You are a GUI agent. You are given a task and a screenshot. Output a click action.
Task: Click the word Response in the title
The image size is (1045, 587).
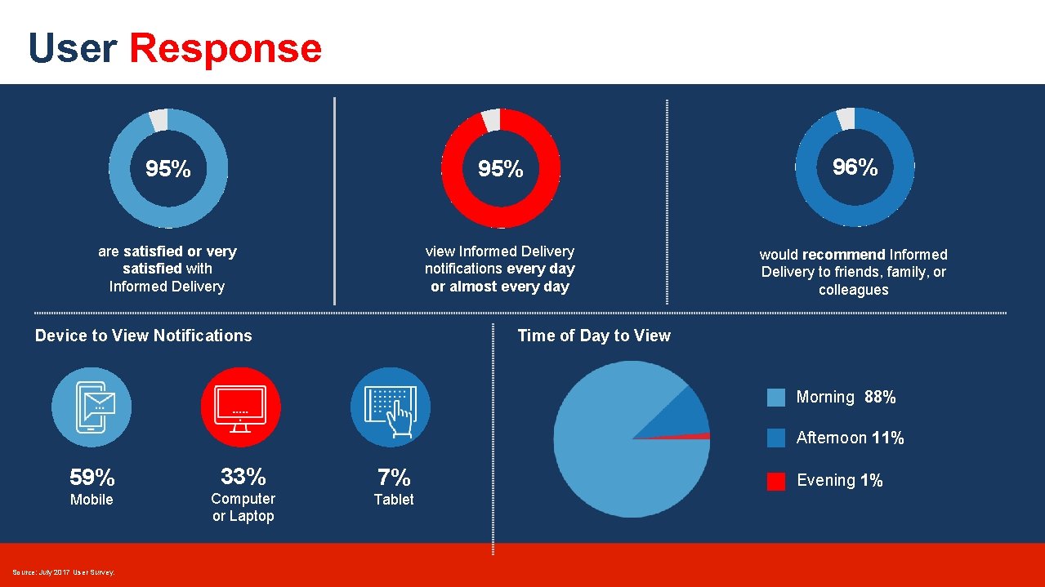(226, 48)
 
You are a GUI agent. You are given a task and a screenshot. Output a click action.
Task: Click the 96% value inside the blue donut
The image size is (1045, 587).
(855, 167)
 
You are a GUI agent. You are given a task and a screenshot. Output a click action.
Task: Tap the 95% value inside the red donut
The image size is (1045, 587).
(500, 169)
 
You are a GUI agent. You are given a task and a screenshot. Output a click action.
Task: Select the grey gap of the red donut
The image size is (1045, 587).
(491, 119)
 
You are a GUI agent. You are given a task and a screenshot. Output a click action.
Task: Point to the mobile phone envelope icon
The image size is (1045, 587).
(92, 407)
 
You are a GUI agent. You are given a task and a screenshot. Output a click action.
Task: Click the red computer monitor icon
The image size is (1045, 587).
(240, 407)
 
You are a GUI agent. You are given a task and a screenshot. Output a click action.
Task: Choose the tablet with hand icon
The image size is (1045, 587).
(391, 407)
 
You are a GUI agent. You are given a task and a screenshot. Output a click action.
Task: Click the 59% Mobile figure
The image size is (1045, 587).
(92, 477)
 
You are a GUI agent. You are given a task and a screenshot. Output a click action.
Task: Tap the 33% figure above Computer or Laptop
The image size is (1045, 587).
(243, 476)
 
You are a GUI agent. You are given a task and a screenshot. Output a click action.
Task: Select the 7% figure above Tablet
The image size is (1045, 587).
(393, 477)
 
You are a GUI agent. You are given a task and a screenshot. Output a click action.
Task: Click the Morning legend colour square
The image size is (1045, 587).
(776, 398)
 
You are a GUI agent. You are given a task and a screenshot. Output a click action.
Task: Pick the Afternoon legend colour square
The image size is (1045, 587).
(776, 438)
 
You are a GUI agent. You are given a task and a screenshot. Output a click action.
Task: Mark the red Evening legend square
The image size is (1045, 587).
(776, 481)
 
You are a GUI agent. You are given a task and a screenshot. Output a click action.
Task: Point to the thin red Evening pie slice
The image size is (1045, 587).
(694, 437)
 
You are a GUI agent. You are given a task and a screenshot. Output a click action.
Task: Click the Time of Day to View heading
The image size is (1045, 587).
(594, 336)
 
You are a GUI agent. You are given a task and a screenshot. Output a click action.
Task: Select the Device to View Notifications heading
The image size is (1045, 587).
(144, 336)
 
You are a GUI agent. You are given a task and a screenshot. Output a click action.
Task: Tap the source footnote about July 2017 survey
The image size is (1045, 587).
(64, 572)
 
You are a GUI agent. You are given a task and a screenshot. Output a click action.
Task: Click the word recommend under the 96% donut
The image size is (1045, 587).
(843, 255)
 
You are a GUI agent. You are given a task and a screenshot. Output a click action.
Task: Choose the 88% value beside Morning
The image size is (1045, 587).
(880, 398)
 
